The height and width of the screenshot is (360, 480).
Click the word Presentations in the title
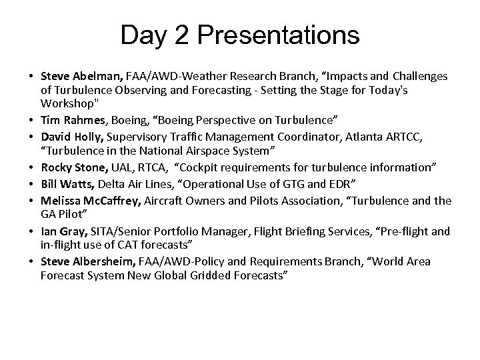[276, 35]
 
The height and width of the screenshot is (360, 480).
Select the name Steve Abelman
[76, 77]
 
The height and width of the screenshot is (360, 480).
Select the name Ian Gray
[61, 231]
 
